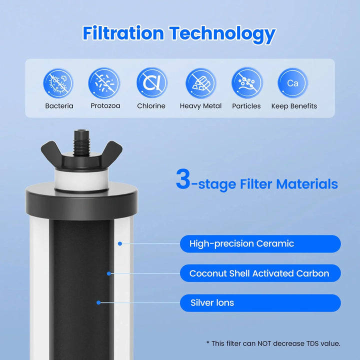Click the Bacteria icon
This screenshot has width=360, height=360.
pos(58,83)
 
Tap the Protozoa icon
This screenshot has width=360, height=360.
pos(104,83)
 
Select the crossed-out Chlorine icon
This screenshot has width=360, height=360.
pos(151,83)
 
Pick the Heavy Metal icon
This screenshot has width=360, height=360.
pos(200,83)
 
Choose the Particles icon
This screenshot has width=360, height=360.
pos(246,83)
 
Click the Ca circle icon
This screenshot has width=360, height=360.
pos(293,83)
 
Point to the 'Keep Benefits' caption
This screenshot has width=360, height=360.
pos(294,106)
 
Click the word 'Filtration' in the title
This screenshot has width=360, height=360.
pos(123,34)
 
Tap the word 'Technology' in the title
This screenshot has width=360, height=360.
pos(222,34)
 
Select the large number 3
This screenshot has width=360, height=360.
pos(183,180)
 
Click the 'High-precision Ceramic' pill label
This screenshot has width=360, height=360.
pos(260,244)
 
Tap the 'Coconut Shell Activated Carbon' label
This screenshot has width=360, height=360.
pos(260,273)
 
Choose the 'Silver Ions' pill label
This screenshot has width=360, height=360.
pos(260,303)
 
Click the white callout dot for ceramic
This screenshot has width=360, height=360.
pos(119,244)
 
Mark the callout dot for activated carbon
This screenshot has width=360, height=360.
pos(108,273)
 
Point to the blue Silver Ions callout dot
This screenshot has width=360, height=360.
pos(98,302)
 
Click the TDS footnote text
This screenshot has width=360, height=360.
pos(273,343)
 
